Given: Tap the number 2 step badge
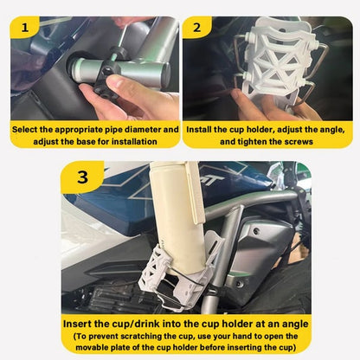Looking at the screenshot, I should pos(196,28).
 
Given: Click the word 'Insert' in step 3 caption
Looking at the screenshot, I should pos(83,323).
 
